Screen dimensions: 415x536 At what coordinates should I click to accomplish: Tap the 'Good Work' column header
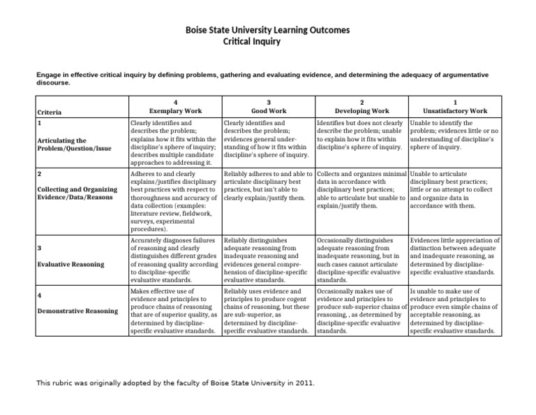point(269,110)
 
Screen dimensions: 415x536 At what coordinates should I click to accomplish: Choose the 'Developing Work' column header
point(362,110)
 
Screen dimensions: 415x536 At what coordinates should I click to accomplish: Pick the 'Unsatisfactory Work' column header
point(455,110)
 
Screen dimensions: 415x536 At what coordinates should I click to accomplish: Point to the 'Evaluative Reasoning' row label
point(70,264)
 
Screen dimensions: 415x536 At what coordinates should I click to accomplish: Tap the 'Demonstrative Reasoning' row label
point(77,310)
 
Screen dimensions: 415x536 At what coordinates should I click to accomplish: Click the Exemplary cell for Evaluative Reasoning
point(174,260)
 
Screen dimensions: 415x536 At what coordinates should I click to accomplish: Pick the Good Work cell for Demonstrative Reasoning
point(268,310)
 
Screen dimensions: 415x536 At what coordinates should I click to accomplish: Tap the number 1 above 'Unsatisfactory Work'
point(455,101)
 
